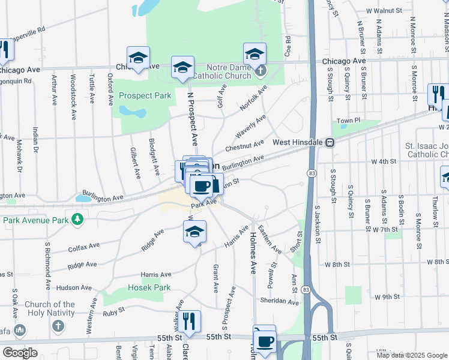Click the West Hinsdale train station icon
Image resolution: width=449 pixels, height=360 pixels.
(330, 143)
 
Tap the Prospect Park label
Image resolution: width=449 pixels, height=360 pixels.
(145, 95)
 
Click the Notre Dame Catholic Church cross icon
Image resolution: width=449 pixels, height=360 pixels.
(260, 71)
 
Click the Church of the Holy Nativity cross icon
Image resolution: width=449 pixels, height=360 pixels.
(58, 326)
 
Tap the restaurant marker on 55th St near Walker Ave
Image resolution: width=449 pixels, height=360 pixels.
(190, 320)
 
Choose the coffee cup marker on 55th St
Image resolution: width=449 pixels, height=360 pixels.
(264, 340)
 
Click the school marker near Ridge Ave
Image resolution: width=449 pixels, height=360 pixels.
(194, 232)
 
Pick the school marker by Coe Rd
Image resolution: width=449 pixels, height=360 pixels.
(255, 54)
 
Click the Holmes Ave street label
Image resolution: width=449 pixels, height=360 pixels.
(253, 253)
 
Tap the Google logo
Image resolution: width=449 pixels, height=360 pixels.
(20, 353)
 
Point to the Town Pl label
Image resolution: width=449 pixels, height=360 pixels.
(348, 121)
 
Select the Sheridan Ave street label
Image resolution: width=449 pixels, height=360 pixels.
(279, 301)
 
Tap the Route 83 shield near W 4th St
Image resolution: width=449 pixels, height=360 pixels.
(310, 173)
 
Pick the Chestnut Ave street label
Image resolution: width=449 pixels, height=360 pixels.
(244, 146)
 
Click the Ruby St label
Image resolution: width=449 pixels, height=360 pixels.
(113, 311)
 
